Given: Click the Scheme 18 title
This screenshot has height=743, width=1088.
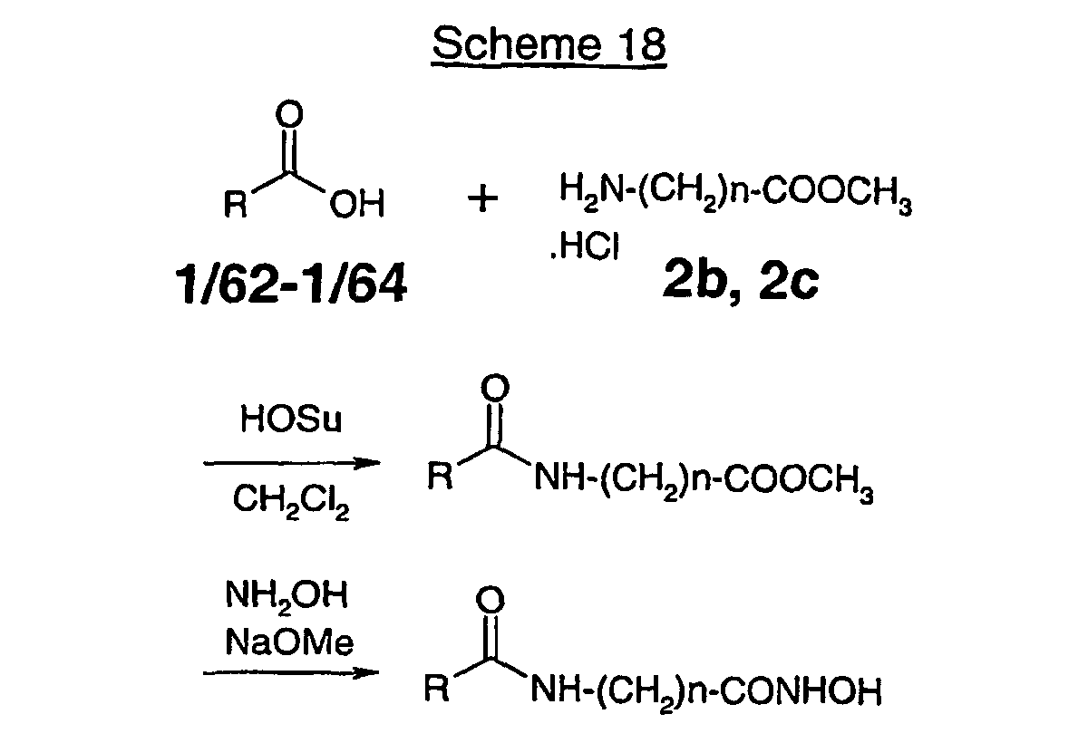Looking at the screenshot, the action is click(549, 44).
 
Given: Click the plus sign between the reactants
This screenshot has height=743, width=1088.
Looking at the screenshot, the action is click(482, 198).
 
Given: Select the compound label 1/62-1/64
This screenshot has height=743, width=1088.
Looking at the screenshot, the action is click(291, 283).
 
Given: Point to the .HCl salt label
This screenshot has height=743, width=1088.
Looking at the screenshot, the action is click(585, 246).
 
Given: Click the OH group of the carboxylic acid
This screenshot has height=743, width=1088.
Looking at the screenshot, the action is click(357, 204).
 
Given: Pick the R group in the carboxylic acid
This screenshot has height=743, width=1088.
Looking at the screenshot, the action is click(235, 204).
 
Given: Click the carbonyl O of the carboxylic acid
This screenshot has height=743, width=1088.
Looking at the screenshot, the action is click(289, 114).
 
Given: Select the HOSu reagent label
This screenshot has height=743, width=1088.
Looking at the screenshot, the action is click(291, 420).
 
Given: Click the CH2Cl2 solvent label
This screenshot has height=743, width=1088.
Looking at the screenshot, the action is click(291, 500).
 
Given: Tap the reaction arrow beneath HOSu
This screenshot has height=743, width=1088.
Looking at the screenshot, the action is click(291, 463).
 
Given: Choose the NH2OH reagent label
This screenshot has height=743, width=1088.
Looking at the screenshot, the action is click(287, 596).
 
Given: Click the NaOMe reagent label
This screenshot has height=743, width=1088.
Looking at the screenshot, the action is click(289, 642).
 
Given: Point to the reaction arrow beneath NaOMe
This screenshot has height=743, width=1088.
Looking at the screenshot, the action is click(291, 673).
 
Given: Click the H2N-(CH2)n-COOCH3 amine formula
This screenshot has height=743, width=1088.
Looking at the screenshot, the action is click(735, 192).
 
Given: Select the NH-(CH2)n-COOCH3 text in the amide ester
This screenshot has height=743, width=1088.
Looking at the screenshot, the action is click(704, 480).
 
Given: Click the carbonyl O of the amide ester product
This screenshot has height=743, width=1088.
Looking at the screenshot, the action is click(495, 388).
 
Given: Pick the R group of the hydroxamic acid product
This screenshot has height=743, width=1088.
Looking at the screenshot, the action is click(436, 688).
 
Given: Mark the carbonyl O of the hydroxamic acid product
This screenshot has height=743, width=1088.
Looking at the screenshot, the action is click(491, 600).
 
